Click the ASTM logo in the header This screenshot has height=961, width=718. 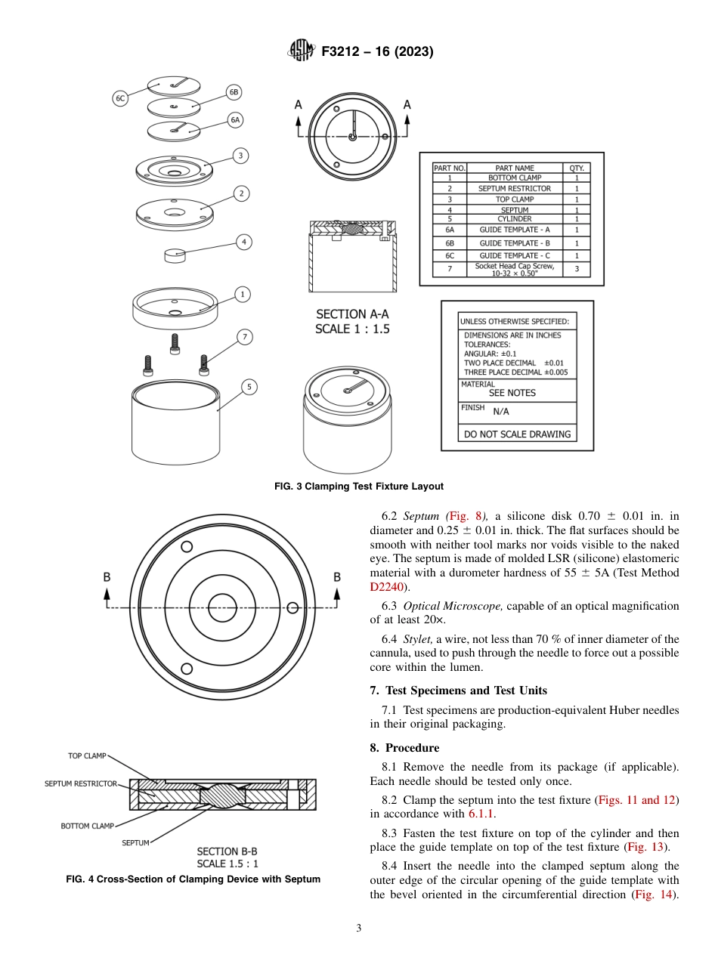coord(302,52)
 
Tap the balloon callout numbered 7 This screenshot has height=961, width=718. coord(243,337)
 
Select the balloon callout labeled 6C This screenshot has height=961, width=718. coord(120,98)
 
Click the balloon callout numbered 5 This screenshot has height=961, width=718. coord(249,387)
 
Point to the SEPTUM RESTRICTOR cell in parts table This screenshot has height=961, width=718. coord(514,188)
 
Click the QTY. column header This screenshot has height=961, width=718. coord(576,168)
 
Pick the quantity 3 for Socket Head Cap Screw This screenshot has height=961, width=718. coord(577,268)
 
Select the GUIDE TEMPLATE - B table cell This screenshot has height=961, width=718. coord(514,243)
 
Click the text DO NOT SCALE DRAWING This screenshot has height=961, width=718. coord(516,434)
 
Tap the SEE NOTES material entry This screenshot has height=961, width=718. coord(512,393)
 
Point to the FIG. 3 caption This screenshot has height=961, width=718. coord(358,487)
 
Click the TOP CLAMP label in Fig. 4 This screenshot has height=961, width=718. coord(87,756)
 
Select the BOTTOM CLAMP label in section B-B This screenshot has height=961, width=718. coord(88,826)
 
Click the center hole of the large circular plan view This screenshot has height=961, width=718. coord(222,607)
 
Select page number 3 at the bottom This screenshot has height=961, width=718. coord(358,929)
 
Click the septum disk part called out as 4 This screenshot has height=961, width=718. coord(175,255)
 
